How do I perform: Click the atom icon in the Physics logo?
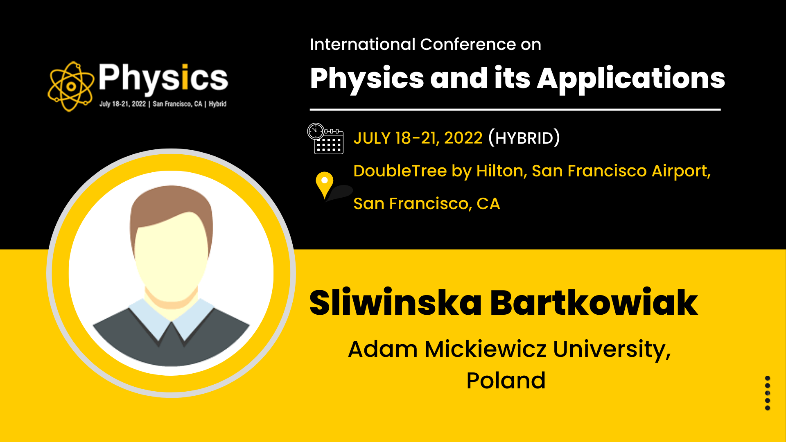[x=71, y=86]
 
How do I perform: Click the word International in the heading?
[x=363, y=44]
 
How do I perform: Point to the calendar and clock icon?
[x=325, y=138]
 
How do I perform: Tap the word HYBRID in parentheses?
[x=524, y=138]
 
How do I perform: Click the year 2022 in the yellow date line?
[x=463, y=138]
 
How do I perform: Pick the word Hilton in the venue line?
[x=501, y=171]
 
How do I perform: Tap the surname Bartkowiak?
[x=594, y=302]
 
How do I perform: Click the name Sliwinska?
[x=395, y=302]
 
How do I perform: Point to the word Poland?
[x=506, y=381]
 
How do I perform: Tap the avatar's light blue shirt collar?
[x=171, y=318]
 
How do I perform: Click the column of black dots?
[x=768, y=393]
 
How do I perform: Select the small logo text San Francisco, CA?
[x=178, y=104]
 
